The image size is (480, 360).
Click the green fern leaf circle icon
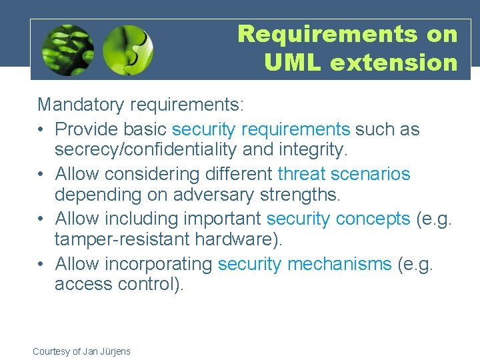(x=67, y=50)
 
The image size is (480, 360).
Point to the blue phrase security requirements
(x=261, y=129)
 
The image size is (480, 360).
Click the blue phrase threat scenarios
(x=343, y=174)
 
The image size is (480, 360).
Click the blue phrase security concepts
(x=338, y=219)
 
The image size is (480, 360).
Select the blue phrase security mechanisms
(x=305, y=264)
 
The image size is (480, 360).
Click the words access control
(x=119, y=285)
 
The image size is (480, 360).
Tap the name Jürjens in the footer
(x=116, y=351)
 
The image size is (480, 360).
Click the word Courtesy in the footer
(x=51, y=351)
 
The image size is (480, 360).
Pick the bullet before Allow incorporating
(x=42, y=264)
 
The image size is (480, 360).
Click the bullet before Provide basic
(x=42, y=129)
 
